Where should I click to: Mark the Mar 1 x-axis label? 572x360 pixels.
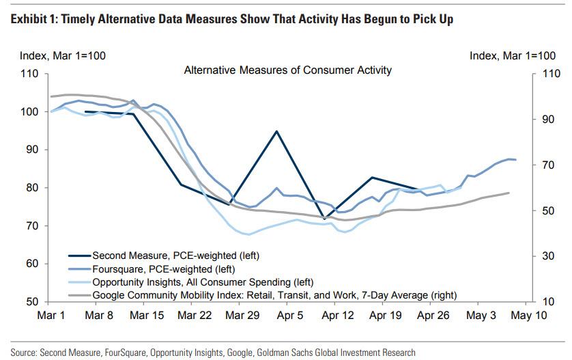point(52,316)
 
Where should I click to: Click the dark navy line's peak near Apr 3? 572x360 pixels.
point(276,130)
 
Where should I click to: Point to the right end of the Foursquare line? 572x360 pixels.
point(516,160)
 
